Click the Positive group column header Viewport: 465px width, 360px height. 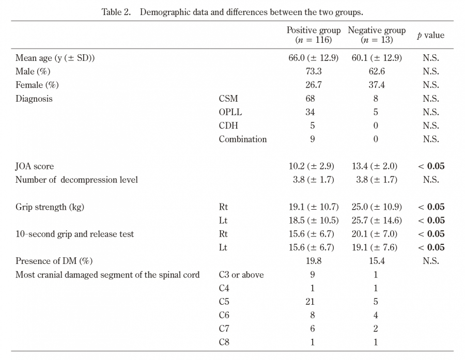tap(314, 35)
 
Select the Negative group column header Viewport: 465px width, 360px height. tap(377, 35)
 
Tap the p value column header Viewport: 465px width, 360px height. tap(430, 35)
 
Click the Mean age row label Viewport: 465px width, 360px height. tap(55, 58)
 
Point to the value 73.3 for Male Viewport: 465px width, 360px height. tap(314, 71)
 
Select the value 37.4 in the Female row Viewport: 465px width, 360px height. tap(377, 85)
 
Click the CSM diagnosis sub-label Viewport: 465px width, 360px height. tap(228, 99)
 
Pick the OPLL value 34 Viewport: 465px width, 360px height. tap(310, 112)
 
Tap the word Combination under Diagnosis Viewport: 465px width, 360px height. tap(243, 139)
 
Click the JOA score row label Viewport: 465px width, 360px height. tap(35, 166)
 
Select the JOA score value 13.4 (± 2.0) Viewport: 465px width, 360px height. tap(375, 166)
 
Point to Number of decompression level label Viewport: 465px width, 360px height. tap(76, 180)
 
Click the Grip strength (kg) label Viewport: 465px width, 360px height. tap(50, 207)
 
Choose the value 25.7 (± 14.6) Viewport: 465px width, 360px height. tap(377, 221)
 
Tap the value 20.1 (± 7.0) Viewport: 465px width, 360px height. tap(375, 234)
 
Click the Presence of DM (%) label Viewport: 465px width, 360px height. tap(54, 261)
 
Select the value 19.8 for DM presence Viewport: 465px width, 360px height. tap(314, 261)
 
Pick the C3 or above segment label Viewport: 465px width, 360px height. tap(241, 275)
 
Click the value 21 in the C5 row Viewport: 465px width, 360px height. tap(310, 302)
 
